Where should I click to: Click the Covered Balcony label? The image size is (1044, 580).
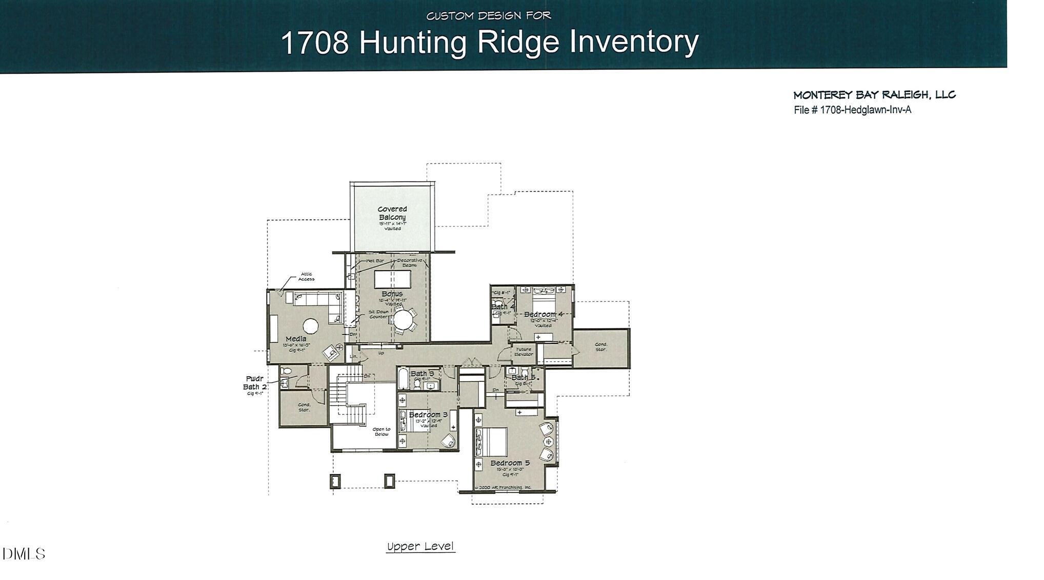(x=392, y=213)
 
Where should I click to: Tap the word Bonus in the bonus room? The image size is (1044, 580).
(x=392, y=294)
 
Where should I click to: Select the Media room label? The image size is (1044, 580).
(x=296, y=339)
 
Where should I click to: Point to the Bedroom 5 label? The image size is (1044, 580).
(x=510, y=463)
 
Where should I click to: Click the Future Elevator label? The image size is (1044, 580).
(x=524, y=352)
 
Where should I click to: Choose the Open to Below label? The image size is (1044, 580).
(x=381, y=431)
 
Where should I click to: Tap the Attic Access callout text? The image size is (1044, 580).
(x=306, y=277)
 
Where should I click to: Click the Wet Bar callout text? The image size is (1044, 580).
(x=375, y=261)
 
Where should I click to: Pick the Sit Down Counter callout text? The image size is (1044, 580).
(x=378, y=314)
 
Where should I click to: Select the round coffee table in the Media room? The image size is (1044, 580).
(x=311, y=326)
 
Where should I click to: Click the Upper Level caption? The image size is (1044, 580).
(x=420, y=547)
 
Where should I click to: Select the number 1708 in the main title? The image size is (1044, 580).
(x=315, y=43)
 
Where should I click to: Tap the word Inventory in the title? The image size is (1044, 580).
(x=634, y=42)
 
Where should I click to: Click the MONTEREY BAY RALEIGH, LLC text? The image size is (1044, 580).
(x=874, y=95)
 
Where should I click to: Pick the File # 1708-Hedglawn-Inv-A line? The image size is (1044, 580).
(x=852, y=110)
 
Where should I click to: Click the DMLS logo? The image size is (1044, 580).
(x=24, y=554)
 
